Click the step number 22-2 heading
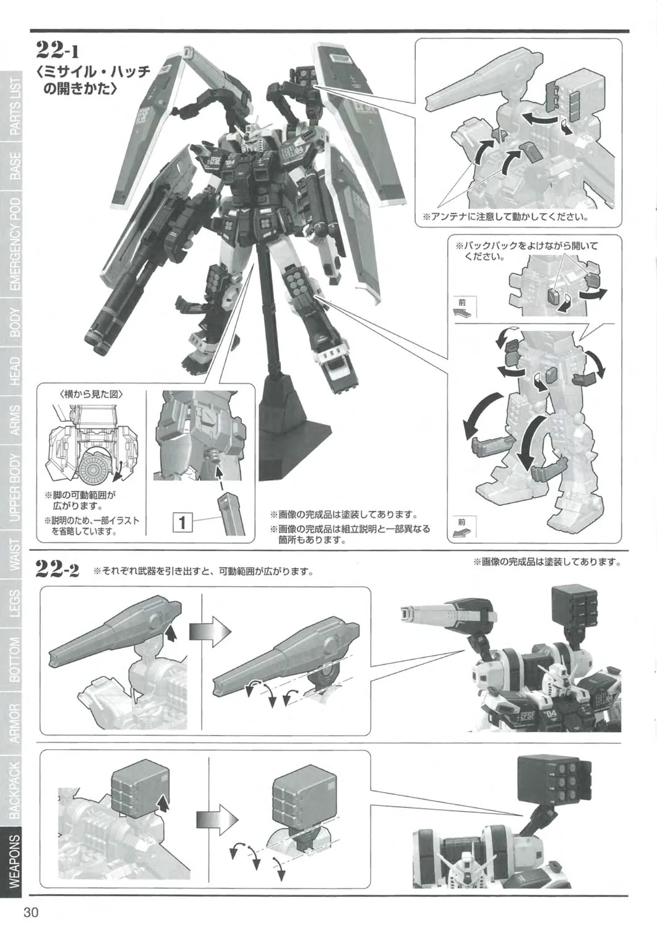(x=57, y=567)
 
